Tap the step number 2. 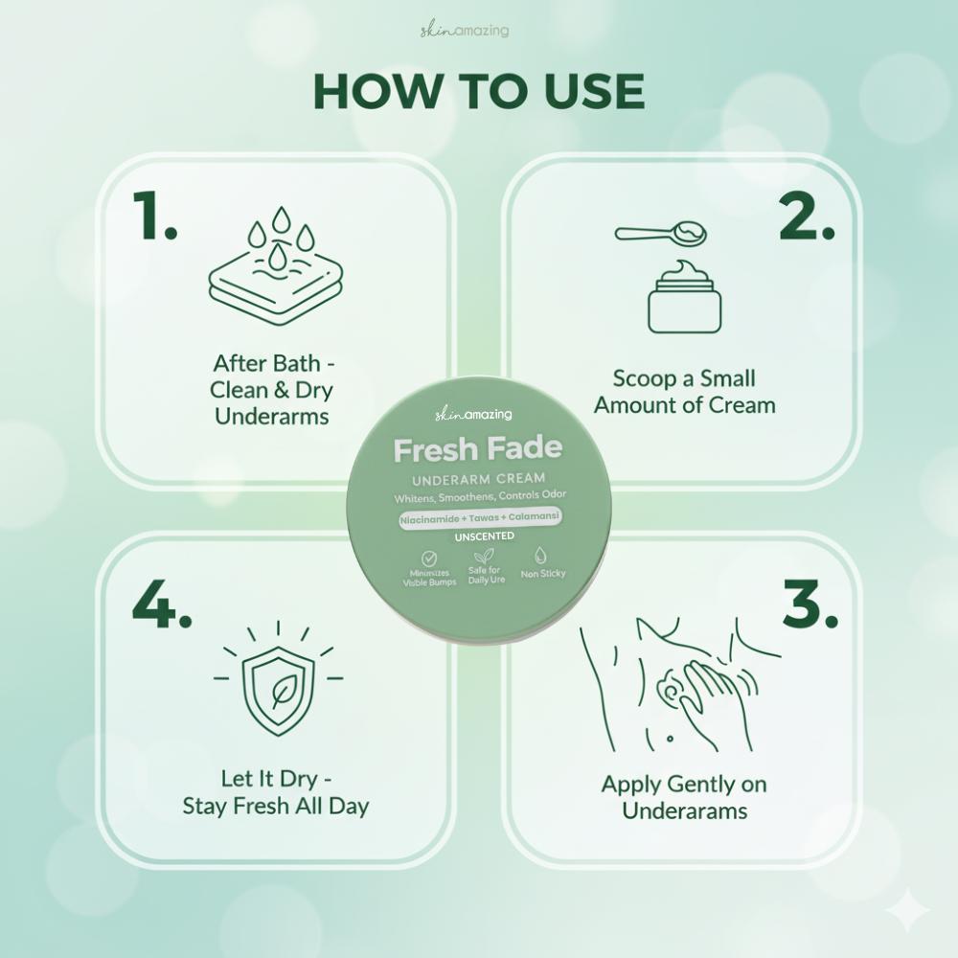[807, 215]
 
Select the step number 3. [810, 604]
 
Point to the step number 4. [162, 604]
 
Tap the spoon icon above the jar [660, 232]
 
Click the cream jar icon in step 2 [684, 297]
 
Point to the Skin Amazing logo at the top [465, 30]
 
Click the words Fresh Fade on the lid [478, 449]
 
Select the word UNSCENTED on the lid [485, 536]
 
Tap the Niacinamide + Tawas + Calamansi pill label [480, 518]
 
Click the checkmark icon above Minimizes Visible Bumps [429, 558]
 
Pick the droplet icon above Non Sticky [540, 556]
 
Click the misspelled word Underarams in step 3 [685, 810]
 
